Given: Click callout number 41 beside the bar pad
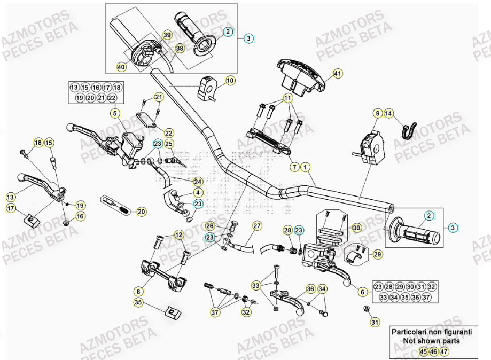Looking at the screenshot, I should click(337, 74).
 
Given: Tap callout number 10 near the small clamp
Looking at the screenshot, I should click(230, 81).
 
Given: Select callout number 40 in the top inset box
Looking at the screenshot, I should click(121, 67).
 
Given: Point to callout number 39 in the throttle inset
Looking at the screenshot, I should click(167, 35).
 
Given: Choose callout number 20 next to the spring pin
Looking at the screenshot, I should click(141, 212).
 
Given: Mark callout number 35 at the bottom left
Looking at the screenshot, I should click(139, 302).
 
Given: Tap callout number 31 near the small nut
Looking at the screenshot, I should click(374, 322).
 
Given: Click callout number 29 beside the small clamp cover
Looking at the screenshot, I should click(377, 255).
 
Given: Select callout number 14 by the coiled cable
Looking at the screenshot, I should click(388, 113).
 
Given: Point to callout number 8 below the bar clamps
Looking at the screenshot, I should click(139, 292).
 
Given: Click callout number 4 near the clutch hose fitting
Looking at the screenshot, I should click(198, 192).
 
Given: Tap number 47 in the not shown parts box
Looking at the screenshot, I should click(445, 351).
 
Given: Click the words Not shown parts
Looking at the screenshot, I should click(431, 341).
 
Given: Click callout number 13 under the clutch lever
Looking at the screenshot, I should click(11, 196).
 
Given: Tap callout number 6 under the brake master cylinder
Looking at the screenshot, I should click(362, 292).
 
